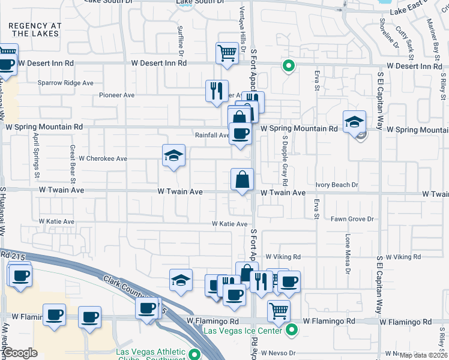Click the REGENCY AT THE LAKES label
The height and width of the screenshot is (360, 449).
click(x=35, y=29)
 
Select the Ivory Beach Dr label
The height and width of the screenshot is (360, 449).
click(x=337, y=185)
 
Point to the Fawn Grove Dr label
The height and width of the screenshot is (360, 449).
click(x=352, y=220)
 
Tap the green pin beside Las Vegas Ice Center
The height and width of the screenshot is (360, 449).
click(x=292, y=329)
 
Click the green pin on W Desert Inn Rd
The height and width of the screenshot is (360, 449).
click(x=289, y=67)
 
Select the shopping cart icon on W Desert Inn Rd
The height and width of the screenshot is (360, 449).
click(x=227, y=53)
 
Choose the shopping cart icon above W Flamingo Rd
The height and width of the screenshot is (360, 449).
click(x=279, y=311)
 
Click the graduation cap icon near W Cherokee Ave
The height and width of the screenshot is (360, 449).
click(x=173, y=156)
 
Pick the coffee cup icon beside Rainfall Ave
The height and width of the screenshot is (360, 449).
click(x=241, y=133)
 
